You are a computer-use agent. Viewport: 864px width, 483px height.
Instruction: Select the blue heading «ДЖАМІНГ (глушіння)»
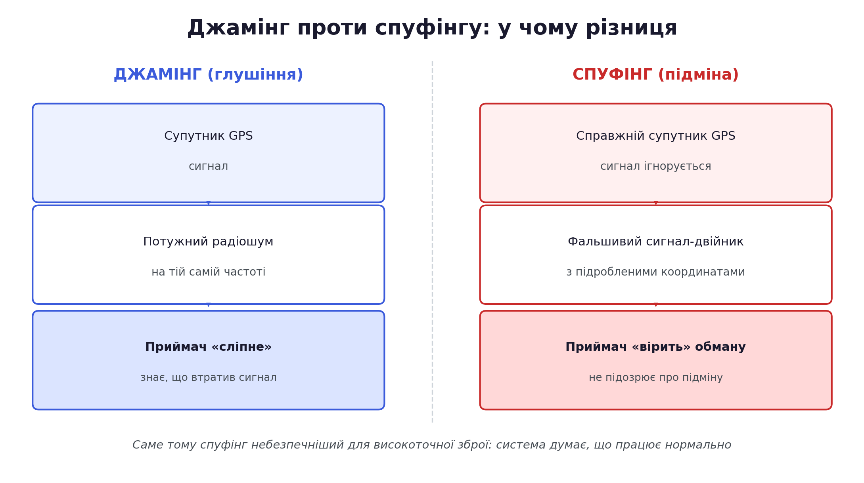point(209,75)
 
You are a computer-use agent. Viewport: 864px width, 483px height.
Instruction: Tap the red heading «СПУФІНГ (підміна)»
point(655,75)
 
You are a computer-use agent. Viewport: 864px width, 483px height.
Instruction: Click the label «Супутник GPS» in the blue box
point(209,136)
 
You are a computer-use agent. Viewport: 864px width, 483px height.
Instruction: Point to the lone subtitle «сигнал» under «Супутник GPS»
point(209,166)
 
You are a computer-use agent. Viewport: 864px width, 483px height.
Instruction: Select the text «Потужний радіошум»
point(209,242)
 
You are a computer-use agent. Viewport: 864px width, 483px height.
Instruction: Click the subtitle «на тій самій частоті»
point(209,272)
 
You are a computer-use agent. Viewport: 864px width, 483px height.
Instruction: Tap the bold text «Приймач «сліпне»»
point(209,347)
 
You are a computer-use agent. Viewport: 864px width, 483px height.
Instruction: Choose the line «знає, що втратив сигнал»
point(209,378)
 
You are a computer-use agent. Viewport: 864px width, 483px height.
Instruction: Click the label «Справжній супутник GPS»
point(655,136)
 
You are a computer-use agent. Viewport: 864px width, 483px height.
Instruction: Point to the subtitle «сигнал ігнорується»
point(655,166)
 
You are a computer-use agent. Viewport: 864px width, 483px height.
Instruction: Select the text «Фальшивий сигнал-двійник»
point(655,242)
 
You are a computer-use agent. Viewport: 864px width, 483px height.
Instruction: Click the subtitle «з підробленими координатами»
point(655,272)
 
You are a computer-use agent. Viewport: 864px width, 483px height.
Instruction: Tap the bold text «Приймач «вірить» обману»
point(655,347)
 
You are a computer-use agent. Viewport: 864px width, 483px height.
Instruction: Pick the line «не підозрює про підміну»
point(655,378)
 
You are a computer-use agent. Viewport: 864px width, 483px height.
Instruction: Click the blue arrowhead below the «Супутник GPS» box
point(209,203)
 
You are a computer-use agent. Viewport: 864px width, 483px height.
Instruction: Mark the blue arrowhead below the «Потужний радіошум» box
point(209,305)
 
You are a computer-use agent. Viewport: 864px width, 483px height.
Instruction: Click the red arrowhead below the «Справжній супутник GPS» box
point(656,203)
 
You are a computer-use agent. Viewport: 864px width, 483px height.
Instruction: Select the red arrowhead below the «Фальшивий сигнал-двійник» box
point(656,305)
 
